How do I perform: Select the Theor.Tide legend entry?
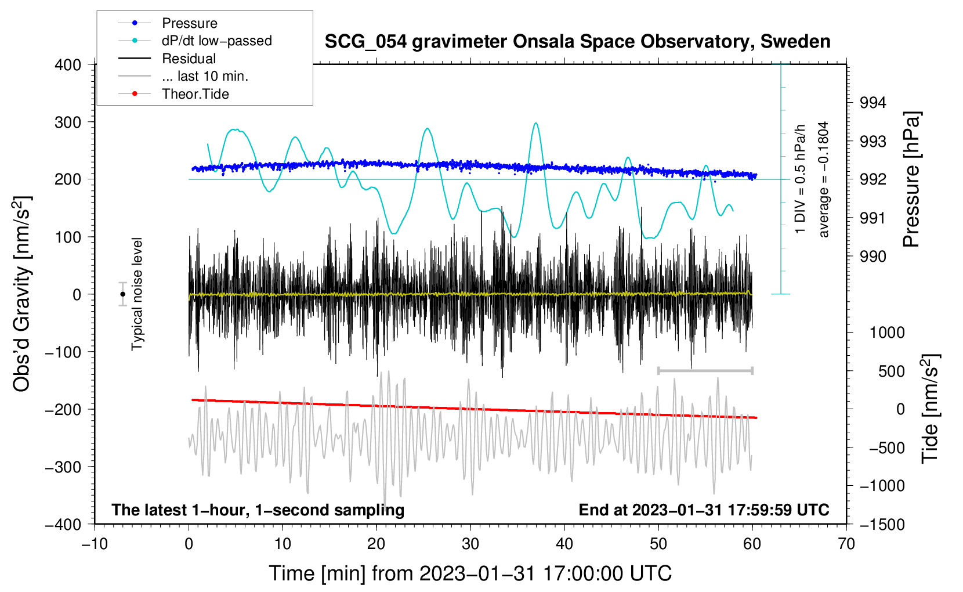195,94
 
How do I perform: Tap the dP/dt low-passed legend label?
216,41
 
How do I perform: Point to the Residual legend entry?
189,59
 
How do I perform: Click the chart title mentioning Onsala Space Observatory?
577,42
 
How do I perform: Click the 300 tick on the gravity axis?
68,122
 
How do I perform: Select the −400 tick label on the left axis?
63,524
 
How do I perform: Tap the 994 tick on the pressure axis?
873,103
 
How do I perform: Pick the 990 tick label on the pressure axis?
873,257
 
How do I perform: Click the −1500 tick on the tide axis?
882,524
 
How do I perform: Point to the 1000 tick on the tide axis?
887,333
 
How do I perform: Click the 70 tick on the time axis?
846,544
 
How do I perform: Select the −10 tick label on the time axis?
95,544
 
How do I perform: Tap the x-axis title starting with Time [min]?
470,573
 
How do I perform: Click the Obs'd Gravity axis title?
21,294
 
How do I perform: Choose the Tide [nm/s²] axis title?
929,409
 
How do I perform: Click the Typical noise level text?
137,294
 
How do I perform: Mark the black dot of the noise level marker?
122,294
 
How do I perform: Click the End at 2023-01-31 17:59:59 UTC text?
704,510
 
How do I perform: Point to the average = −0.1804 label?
824,179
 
